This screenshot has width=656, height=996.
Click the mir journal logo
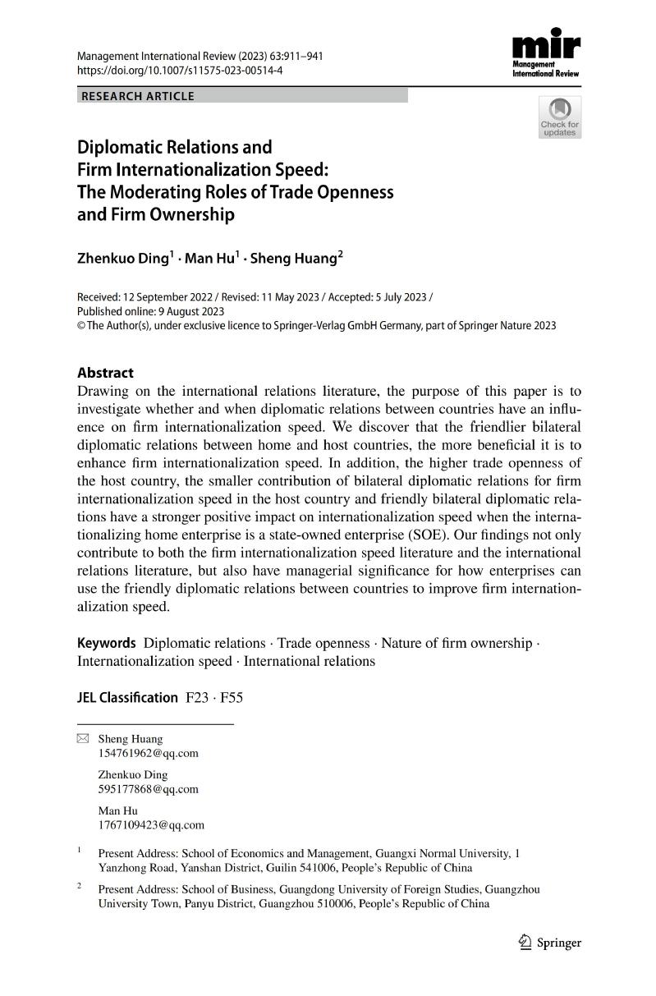click(545, 52)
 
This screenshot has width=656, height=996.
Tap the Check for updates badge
click(559, 117)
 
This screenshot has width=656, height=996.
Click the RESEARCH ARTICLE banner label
click(136, 96)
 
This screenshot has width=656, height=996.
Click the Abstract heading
click(105, 372)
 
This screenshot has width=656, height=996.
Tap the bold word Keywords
click(106, 643)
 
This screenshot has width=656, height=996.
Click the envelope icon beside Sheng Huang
click(82, 739)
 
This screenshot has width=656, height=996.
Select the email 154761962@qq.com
click(148, 753)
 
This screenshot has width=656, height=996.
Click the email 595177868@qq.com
click(148, 789)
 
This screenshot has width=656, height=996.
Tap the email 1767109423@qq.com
click(150, 825)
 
